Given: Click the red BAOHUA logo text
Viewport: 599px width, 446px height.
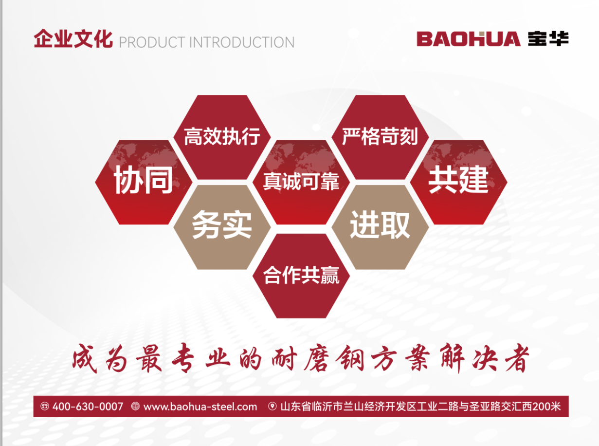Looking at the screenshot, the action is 468,39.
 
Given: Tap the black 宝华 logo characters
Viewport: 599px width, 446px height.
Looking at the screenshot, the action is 548,39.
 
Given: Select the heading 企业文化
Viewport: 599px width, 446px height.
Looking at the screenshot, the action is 73,39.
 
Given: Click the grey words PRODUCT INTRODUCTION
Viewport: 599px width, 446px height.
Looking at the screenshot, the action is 207,42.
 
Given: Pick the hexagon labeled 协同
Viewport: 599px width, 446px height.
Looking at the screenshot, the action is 144,182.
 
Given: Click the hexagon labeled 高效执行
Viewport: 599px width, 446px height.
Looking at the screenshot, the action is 222,137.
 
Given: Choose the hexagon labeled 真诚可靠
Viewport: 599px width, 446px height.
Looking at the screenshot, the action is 301,182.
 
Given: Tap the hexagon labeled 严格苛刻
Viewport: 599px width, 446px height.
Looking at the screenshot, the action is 380,137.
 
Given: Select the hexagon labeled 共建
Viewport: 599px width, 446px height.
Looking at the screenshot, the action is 458,182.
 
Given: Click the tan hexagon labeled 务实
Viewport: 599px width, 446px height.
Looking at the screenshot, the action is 222,227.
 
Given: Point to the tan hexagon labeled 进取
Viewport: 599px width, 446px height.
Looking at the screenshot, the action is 380,227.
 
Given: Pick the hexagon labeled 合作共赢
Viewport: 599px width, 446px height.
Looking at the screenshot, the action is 301,276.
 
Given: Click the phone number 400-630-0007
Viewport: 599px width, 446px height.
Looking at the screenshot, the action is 88,407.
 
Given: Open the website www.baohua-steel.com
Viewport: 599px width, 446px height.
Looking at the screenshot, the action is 200,407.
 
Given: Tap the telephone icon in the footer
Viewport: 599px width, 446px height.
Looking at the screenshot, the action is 45,406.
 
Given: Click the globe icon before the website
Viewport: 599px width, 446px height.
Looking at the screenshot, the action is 135,406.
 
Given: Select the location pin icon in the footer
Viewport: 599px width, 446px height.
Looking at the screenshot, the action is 272,406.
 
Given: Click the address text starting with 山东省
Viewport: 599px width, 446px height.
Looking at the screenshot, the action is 420,407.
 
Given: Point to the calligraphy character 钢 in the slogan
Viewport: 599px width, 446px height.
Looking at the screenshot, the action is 350,359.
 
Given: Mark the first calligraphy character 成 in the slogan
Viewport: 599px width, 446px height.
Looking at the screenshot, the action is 85,359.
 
